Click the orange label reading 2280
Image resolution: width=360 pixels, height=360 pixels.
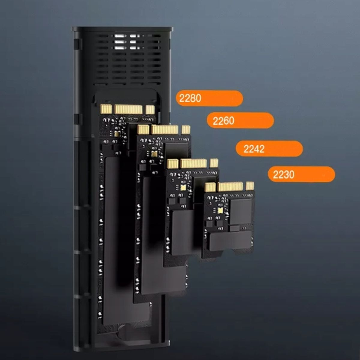click(x=209, y=98)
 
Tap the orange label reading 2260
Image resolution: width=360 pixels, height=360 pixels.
click(x=240, y=121)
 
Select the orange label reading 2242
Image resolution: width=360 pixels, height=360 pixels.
click(x=269, y=149)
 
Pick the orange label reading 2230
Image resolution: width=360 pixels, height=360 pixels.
click(x=301, y=174)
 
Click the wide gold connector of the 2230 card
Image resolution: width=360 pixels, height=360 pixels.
click(x=230, y=187)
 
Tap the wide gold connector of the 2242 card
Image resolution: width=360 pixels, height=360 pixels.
click(x=193, y=163)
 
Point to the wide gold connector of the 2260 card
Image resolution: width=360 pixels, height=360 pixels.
click(x=165, y=130)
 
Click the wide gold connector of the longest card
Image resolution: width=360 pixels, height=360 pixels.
click(x=128, y=109)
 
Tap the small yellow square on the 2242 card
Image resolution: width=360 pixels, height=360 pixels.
click(x=183, y=187)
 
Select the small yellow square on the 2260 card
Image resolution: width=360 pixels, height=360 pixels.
click(x=154, y=154)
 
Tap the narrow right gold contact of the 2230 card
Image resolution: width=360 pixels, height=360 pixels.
click(x=250, y=186)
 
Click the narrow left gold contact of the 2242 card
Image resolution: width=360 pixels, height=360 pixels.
click(x=172, y=164)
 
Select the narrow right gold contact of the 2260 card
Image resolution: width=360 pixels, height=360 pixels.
click(x=186, y=130)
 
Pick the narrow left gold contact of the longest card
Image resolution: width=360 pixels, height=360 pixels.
click(x=106, y=109)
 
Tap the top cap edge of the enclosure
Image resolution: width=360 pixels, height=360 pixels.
click(x=122, y=29)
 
